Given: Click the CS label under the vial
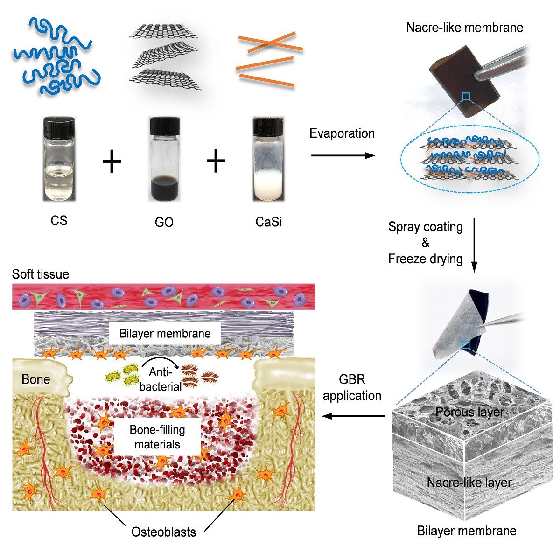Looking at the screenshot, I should [59, 220].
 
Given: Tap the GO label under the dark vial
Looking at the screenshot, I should [164, 222].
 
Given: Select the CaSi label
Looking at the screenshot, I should [269, 222].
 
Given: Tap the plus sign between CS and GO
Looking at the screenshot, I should [112, 162].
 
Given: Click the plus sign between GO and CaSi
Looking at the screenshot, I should [216, 162].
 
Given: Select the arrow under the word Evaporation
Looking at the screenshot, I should [343, 155].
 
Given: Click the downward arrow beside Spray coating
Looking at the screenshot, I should [474, 245].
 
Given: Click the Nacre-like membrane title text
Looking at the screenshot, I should [464, 28].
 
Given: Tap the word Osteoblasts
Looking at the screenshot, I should [163, 532].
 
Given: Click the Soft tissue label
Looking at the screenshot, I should [41, 274].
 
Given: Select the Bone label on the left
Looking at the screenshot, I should [35, 379].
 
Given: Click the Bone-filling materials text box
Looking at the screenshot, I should [157, 437].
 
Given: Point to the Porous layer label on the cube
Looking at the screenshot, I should [469, 412].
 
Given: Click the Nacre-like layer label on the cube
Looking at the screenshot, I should [469, 483].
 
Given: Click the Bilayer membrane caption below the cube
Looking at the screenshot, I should [467, 531].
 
